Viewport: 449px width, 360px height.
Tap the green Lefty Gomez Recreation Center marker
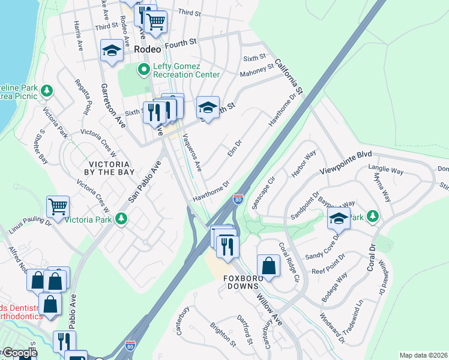click(x=143, y=70)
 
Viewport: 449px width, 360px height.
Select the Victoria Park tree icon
click(x=122, y=218)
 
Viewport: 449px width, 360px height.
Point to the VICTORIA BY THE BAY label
click(x=109, y=168)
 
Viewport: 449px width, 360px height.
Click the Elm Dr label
click(x=234, y=148)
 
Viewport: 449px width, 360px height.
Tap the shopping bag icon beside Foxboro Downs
click(x=268, y=266)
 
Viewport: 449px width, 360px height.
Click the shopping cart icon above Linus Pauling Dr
click(x=58, y=207)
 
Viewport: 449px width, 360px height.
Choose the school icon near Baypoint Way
click(x=339, y=220)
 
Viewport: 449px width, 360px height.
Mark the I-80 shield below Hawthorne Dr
click(x=238, y=199)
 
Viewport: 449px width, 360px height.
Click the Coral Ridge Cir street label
click(x=289, y=262)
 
